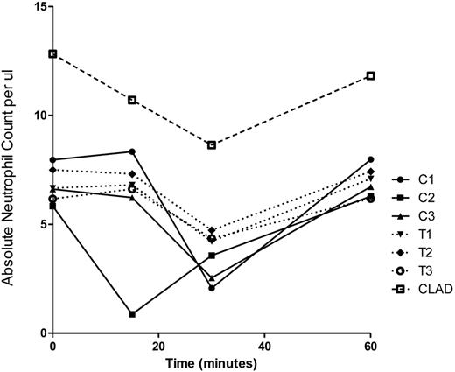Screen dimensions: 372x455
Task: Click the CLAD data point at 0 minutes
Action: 53,53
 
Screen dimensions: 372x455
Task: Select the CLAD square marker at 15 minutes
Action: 132,100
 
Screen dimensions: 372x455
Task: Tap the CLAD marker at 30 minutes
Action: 212,145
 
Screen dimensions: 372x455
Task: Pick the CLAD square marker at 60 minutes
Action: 370,75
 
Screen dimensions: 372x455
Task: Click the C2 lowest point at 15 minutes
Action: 132,314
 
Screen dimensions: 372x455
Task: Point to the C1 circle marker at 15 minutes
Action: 132,151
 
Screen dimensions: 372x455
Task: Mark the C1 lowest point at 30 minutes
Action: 212,288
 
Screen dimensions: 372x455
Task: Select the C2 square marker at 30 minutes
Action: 212,256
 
